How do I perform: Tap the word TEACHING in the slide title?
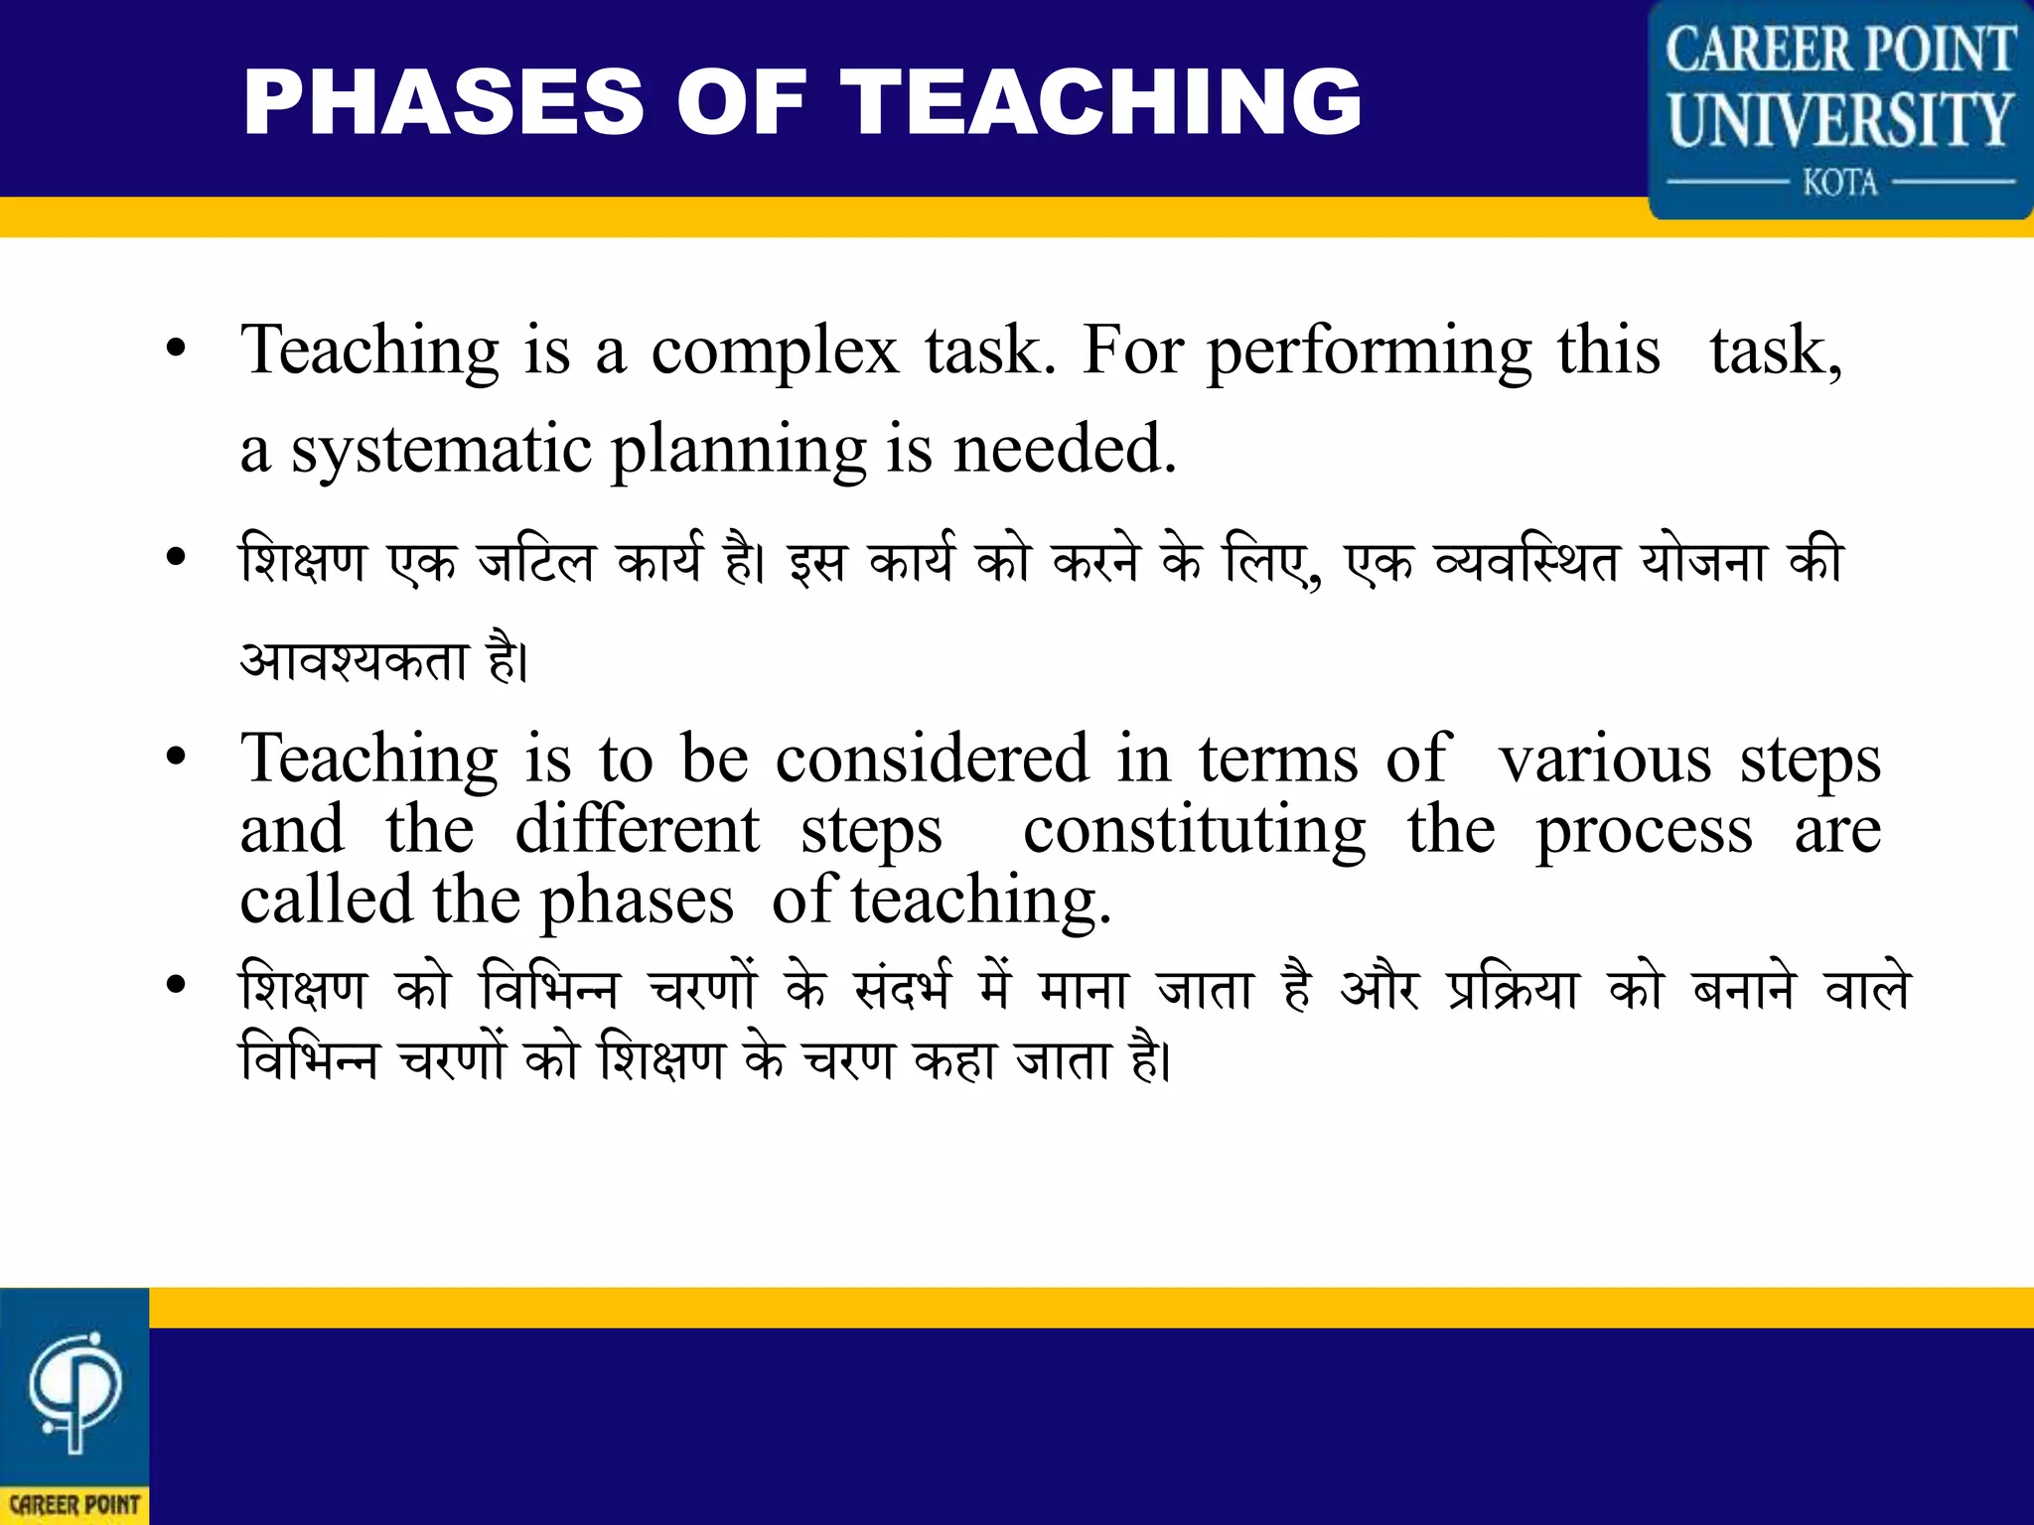[x=1102, y=101]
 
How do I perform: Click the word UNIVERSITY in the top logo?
[x=1839, y=119]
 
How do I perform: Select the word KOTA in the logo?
[x=1840, y=183]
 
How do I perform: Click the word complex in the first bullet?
[x=775, y=351]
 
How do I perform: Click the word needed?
[x=1064, y=449]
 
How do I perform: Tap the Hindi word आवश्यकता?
[x=354, y=661]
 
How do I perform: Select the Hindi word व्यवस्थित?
[x=1527, y=562]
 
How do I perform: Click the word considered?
[x=932, y=760]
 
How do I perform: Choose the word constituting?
[x=1194, y=831]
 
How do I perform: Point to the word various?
[x=1605, y=760]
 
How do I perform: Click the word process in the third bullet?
[x=1644, y=831]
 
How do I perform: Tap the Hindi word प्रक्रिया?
[x=1512, y=989]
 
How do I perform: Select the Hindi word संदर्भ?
[x=903, y=989]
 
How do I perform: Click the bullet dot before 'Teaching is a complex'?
[x=176, y=349]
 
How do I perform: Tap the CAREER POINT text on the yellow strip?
[x=74, y=1505]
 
